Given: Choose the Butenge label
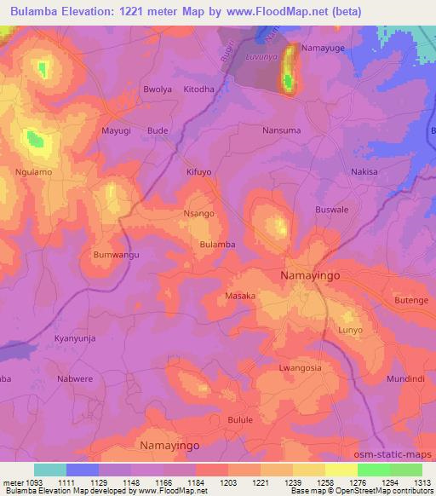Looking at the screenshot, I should pyautogui.click(x=412, y=300).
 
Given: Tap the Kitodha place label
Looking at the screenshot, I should pyautogui.click(x=198, y=89).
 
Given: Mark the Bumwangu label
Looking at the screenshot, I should pyautogui.click(x=116, y=255).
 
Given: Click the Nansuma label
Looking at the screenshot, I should pyautogui.click(x=280, y=130).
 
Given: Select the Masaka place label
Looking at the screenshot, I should pyautogui.click(x=240, y=296).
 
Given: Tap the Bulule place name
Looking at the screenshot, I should pyautogui.click(x=241, y=419).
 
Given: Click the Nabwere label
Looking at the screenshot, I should pyautogui.click(x=77, y=378).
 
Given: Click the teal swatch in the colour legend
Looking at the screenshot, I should pyautogui.click(x=49, y=470).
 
